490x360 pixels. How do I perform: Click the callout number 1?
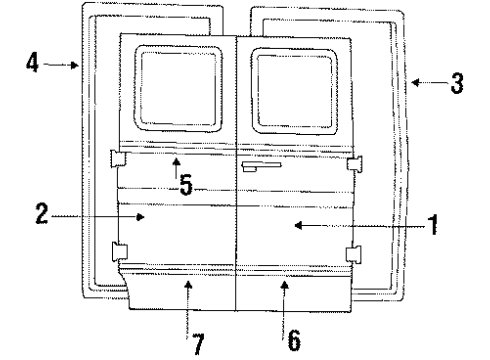(x=434, y=226)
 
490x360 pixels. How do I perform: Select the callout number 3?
(x=456, y=85)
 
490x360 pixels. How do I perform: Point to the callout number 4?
(x=33, y=65)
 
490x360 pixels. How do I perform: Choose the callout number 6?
(x=293, y=341)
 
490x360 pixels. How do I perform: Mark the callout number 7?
(x=199, y=343)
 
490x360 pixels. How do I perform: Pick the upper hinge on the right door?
(x=354, y=161)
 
